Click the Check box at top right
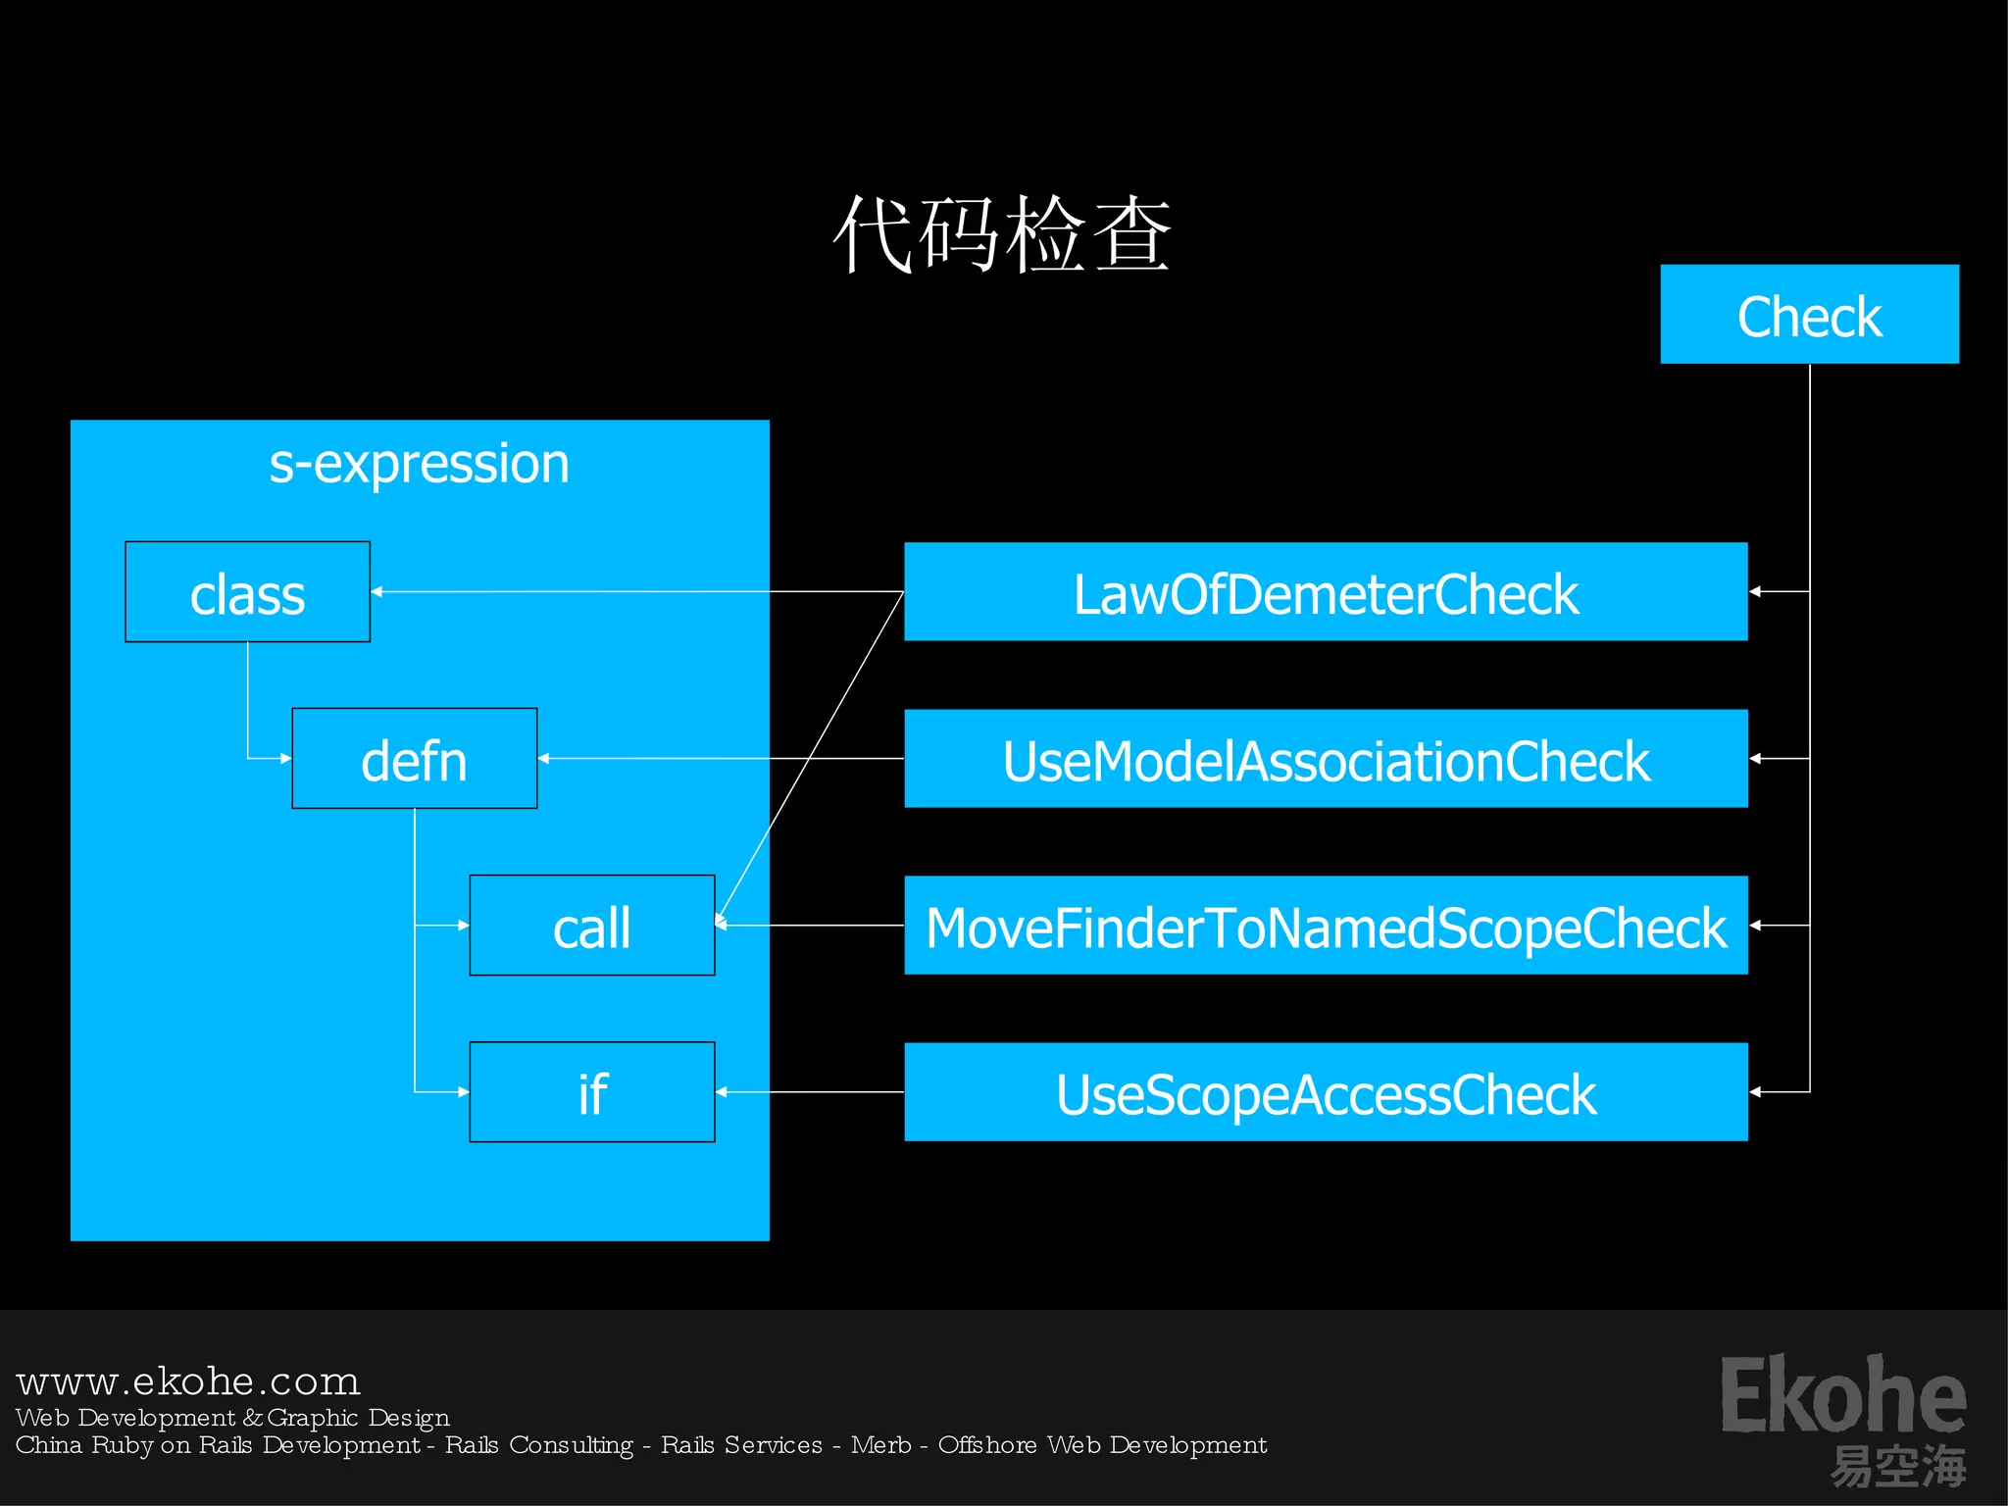(x=1809, y=315)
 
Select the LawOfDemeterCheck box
(x=1325, y=592)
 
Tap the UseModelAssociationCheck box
(x=1325, y=759)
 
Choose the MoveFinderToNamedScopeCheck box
(x=1325, y=926)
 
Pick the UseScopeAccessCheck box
(x=1325, y=1092)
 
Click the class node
(x=247, y=592)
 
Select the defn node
(x=414, y=759)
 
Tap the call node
(x=591, y=926)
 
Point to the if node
(x=591, y=1092)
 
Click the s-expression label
(x=419, y=464)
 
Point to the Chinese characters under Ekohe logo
(x=1897, y=1467)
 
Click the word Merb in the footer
(x=880, y=1445)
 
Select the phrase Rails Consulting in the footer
(x=539, y=1445)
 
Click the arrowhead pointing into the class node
(x=377, y=592)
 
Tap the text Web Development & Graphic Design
(x=232, y=1418)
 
